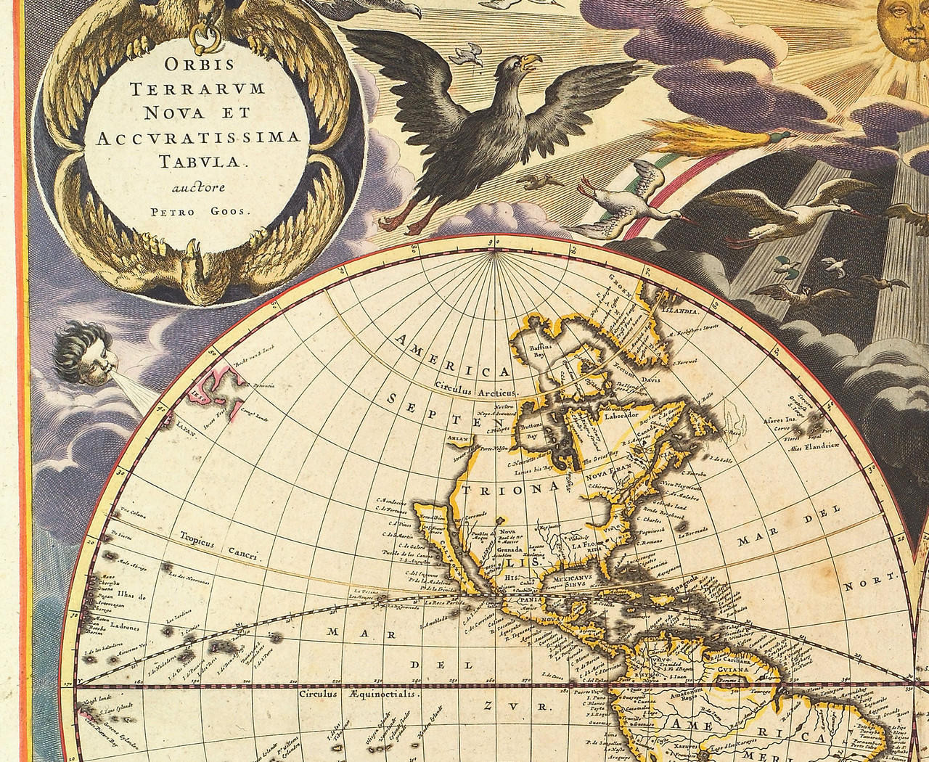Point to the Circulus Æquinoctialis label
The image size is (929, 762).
coord(358,693)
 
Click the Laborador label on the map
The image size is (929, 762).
coord(615,416)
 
